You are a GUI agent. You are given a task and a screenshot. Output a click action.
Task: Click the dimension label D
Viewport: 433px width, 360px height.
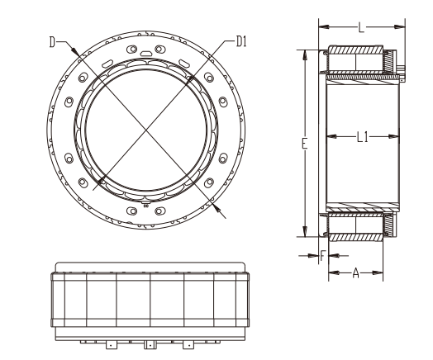click(x=52, y=42)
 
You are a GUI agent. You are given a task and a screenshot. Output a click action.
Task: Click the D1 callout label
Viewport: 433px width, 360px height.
click(x=241, y=41)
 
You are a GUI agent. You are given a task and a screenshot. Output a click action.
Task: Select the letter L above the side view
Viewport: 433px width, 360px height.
click(x=361, y=27)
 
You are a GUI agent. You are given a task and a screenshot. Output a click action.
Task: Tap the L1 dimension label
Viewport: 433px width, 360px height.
click(x=363, y=137)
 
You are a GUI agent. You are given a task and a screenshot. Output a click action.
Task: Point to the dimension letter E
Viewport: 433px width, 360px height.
click(x=304, y=144)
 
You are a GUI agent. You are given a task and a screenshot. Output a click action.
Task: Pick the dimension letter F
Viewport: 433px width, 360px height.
click(x=323, y=256)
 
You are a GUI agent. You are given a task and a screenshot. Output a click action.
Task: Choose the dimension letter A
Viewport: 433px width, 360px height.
click(x=356, y=273)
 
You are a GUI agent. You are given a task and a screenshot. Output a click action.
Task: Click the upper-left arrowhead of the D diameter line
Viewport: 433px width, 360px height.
click(x=74, y=50)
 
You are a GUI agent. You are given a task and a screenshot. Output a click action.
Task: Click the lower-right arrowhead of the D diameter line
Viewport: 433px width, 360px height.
click(x=217, y=208)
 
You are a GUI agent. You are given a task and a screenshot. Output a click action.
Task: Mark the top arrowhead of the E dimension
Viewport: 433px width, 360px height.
click(x=305, y=55)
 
